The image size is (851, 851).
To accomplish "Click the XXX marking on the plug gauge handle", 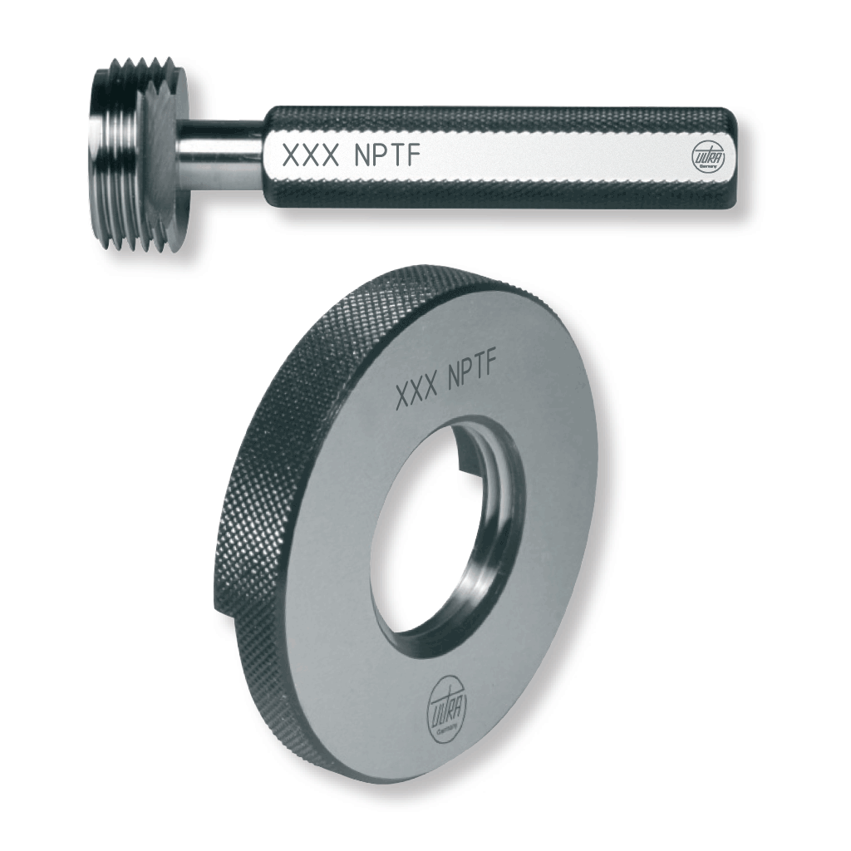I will click(312, 155).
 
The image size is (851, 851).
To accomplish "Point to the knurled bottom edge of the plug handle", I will click(499, 196).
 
